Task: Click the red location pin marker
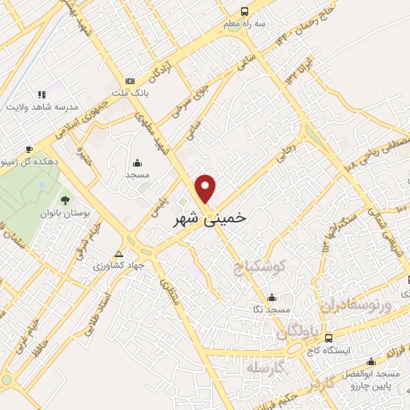point(207,187)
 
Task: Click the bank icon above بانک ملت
point(130,82)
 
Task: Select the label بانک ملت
point(130,94)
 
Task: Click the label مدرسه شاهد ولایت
point(42,107)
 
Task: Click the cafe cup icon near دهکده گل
point(29,149)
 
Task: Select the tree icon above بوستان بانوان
point(65,200)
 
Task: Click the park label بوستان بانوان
point(65,213)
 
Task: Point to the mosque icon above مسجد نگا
point(272,296)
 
